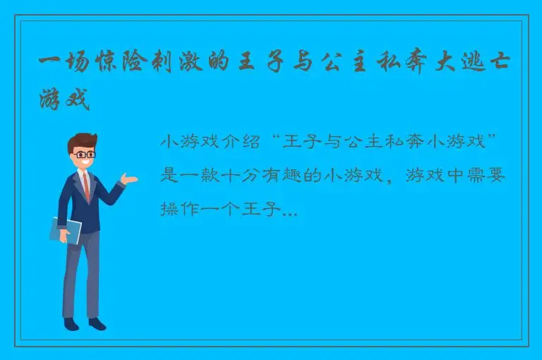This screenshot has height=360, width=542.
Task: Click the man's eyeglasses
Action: [85, 153]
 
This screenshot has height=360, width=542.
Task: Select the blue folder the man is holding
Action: [65, 230]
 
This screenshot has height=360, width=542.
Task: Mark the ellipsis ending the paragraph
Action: [289, 212]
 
